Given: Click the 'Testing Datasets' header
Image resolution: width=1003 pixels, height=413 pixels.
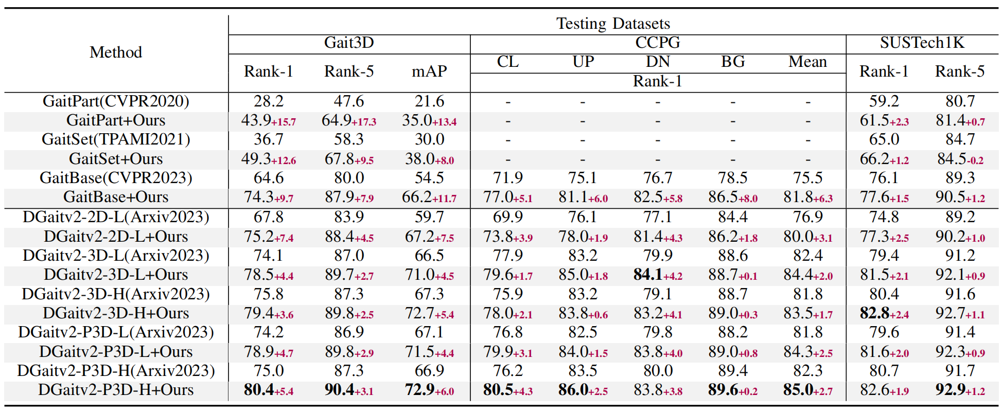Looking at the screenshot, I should [613, 24].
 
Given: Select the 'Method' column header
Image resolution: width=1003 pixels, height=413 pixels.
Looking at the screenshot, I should [116, 52].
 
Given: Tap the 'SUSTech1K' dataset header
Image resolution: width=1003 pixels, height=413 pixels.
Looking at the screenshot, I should [922, 43].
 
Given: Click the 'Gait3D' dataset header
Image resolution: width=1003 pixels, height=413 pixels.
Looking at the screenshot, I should [349, 43].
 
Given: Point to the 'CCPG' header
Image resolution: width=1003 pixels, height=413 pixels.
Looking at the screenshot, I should [657, 43].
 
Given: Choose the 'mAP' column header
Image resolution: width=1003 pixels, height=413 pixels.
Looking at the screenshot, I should [429, 71].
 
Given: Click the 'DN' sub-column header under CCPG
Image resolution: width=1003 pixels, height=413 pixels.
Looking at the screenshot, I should [657, 62].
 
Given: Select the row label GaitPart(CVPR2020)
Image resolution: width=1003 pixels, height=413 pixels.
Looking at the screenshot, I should [116, 101].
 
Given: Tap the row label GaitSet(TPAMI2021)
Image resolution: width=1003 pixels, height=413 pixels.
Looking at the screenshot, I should [116, 139].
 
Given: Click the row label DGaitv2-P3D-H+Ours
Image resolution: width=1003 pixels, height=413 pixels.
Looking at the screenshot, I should [116, 390].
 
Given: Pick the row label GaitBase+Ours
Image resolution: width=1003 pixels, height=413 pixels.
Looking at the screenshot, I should [116, 197].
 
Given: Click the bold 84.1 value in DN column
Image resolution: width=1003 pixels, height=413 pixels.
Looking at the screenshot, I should [647, 275].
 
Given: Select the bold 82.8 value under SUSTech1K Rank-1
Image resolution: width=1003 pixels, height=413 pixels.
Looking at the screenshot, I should [874, 313].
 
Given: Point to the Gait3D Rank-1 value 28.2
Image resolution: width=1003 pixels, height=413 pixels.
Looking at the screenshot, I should [268, 101].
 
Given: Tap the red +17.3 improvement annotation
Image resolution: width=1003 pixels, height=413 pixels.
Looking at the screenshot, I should [364, 122].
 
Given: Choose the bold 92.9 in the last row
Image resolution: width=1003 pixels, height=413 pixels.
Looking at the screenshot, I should [950, 390].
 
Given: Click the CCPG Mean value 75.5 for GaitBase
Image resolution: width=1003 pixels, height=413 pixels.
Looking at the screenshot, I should [807, 178].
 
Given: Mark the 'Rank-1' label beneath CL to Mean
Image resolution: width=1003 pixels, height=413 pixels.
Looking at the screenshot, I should [657, 81].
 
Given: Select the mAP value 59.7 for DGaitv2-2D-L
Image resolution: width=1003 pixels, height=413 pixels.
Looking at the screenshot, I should [429, 217].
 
